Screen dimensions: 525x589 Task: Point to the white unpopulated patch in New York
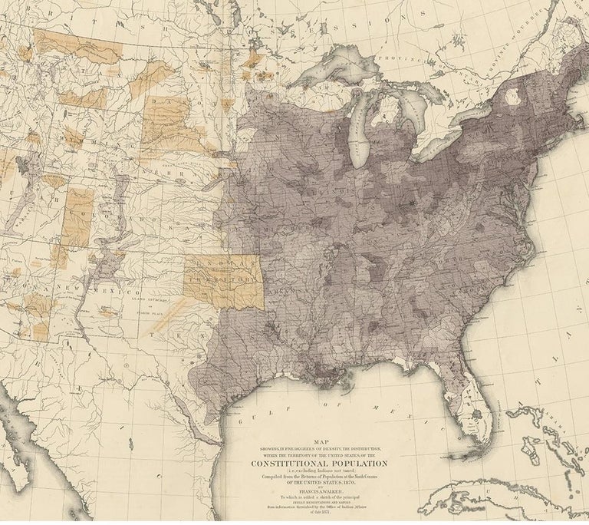(524, 97)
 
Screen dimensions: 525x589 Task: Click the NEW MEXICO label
(92, 289)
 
